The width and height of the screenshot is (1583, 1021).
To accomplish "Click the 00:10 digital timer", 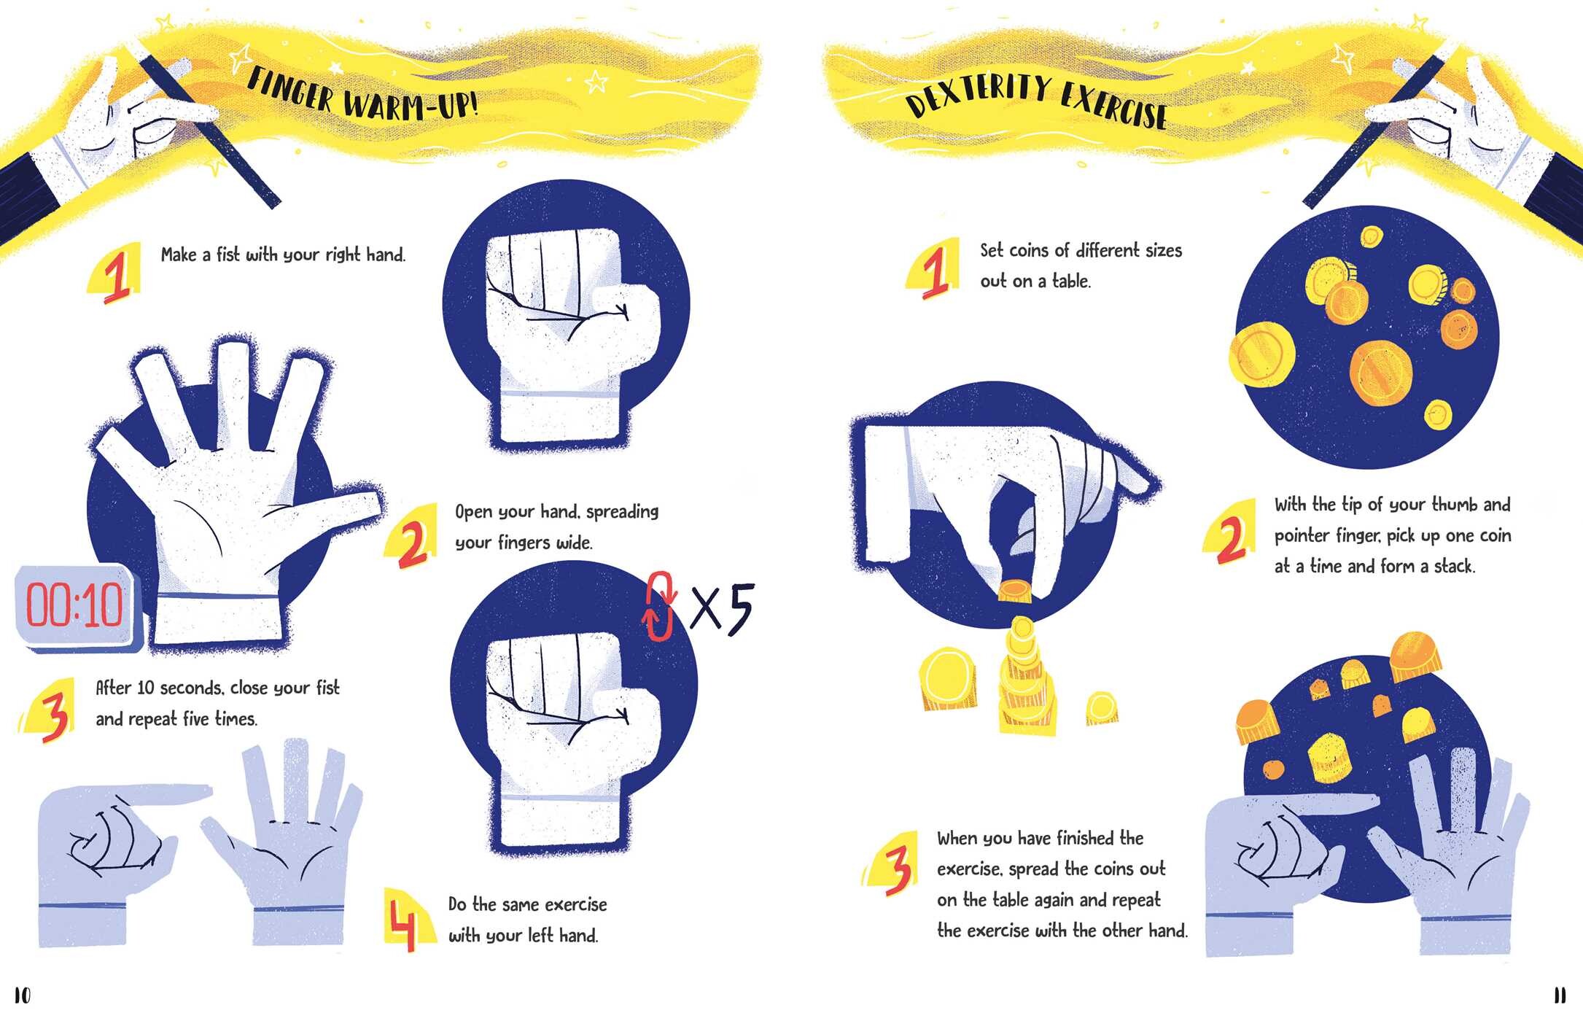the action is [76, 607].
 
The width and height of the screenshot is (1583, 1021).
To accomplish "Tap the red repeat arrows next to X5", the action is [658, 607].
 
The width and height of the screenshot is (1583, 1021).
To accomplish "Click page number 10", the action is [23, 995].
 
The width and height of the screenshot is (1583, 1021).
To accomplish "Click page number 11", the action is [1559, 995].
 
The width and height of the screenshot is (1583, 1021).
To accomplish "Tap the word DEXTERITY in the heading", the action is [976, 93].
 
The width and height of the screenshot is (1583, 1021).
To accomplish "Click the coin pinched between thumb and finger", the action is [1014, 591].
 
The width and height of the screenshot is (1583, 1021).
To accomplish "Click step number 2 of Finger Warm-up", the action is [411, 542].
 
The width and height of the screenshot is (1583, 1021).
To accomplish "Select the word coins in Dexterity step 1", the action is [1030, 251].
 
